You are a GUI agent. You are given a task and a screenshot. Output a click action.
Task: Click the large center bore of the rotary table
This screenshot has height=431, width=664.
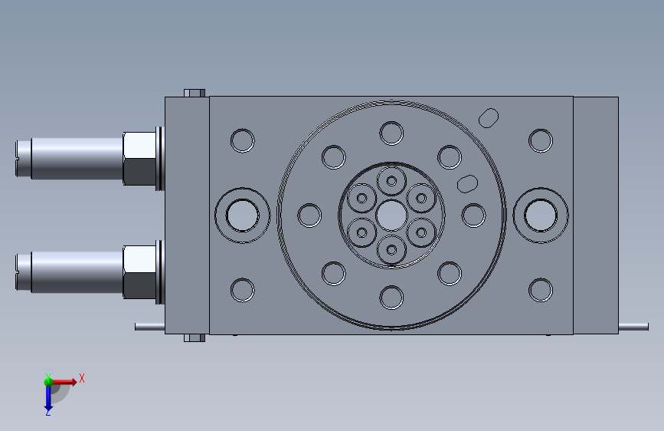coord(391,215)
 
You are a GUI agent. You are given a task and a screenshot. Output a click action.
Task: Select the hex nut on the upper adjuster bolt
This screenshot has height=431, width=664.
coord(139,159)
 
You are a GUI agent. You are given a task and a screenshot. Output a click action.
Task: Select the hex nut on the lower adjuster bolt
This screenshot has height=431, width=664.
coord(139,272)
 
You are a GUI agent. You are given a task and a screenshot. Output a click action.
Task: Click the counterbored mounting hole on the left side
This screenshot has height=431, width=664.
coord(242,215)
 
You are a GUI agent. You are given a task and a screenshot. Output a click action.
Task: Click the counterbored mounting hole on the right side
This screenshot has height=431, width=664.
coord(541,215)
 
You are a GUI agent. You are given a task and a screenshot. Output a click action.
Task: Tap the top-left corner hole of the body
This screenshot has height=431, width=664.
coord(242,140)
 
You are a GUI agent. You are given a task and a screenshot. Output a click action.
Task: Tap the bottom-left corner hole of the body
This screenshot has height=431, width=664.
coord(242,290)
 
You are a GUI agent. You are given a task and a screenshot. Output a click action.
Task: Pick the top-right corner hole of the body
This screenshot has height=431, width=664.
coord(541,140)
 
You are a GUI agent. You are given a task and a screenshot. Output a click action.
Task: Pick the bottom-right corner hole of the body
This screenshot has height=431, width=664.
coord(541,290)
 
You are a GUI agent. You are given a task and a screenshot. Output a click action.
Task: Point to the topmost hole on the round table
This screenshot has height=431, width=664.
coord(391,133)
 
